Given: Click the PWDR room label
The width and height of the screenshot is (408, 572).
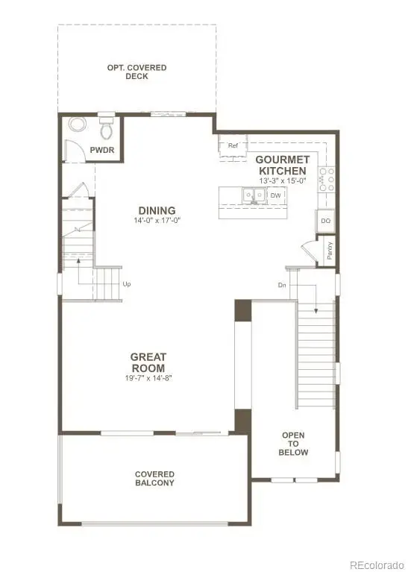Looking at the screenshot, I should click(101, 150).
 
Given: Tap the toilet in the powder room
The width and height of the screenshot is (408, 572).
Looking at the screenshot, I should click(107, 128).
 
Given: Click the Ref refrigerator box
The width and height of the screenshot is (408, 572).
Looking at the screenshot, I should click(233, 145).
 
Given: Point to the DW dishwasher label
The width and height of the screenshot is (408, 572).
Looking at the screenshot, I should click(276, 195).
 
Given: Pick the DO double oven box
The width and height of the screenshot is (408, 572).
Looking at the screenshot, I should click(325, 221).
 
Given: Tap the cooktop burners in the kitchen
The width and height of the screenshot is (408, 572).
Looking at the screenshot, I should click(326, 179).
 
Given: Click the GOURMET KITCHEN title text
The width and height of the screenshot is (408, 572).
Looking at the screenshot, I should click(282, 165).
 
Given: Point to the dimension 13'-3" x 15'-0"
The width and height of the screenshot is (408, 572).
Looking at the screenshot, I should click(282, 181).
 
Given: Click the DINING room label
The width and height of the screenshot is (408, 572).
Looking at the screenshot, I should click(157, 210).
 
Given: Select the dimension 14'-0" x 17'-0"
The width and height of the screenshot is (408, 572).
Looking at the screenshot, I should click(157, 221).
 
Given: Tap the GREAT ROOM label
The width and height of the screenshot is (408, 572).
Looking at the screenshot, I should click(148, 362).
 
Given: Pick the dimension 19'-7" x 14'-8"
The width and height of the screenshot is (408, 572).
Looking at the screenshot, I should click(148, 379).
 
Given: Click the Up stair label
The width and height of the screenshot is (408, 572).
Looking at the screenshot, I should click(126, 284).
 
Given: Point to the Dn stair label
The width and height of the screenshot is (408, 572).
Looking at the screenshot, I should click(281, 285).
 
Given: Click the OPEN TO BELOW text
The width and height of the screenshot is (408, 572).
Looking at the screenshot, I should click(293, 444).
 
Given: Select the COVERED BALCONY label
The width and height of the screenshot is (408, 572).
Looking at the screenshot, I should click(154, 478).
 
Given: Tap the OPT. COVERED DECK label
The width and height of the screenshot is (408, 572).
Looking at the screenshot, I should click(137, 72).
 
